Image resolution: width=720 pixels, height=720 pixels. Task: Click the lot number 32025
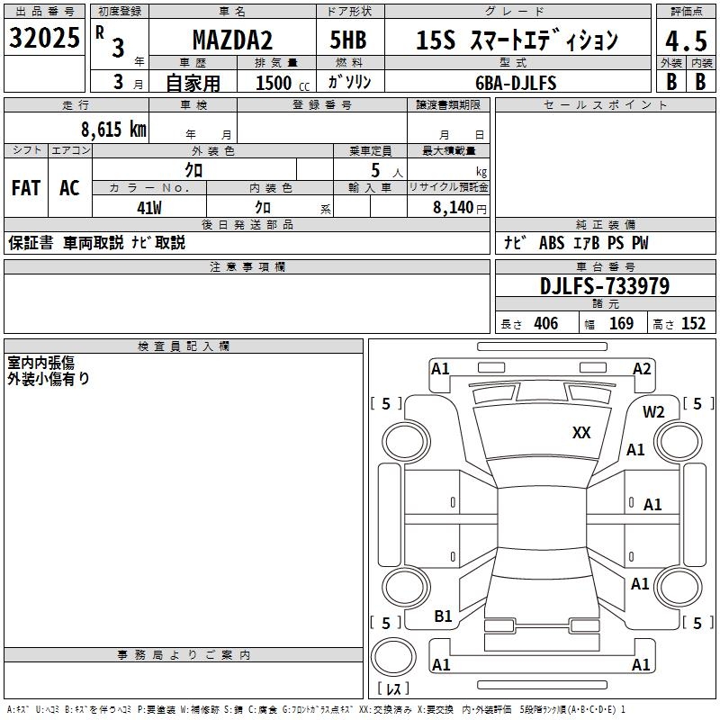coord(44,38)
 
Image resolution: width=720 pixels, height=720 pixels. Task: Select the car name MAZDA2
coord(232,40)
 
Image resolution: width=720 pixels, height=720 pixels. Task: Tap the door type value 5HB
coord(348,40)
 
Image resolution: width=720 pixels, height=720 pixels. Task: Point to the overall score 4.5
coord(686,41)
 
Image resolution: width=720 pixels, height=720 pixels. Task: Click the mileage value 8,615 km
coord(114,130)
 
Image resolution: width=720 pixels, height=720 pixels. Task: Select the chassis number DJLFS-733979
coord(605,286)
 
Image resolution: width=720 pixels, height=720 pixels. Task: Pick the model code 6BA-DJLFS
coord(516,83)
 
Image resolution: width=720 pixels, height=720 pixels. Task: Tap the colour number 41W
coord(149,208)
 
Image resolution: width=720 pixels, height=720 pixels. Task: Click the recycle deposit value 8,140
coord(454,208)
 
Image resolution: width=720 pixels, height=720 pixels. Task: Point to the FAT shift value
coord(26,188)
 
